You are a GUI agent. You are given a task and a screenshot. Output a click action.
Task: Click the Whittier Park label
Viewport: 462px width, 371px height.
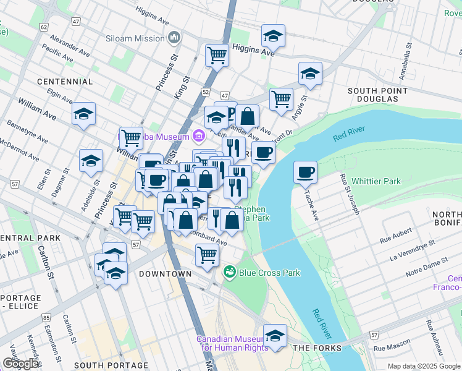click(376, 182)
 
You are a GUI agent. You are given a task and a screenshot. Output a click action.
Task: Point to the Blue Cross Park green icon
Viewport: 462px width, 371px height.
click(230, 272)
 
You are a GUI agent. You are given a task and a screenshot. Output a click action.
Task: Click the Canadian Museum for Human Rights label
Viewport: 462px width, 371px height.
click(232, 343)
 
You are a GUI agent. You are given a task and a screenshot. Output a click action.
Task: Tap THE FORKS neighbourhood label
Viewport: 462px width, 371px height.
click(317, 349)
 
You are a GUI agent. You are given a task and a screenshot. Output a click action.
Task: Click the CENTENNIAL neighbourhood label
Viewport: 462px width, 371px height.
click(64, 82)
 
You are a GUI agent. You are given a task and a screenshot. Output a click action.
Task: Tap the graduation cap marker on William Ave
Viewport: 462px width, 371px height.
click(83, 114)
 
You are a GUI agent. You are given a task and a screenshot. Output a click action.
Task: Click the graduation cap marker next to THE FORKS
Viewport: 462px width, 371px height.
click(275, 336)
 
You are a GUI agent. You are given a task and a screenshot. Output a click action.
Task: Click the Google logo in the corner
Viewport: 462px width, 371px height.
click(20, 364)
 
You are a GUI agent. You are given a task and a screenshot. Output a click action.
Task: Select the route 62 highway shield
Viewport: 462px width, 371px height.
click(43, 27)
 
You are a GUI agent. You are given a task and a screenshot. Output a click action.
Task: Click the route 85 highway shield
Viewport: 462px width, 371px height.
click(46, 318)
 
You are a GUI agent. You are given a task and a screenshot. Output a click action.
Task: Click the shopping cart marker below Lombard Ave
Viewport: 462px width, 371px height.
click(207, 255)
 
